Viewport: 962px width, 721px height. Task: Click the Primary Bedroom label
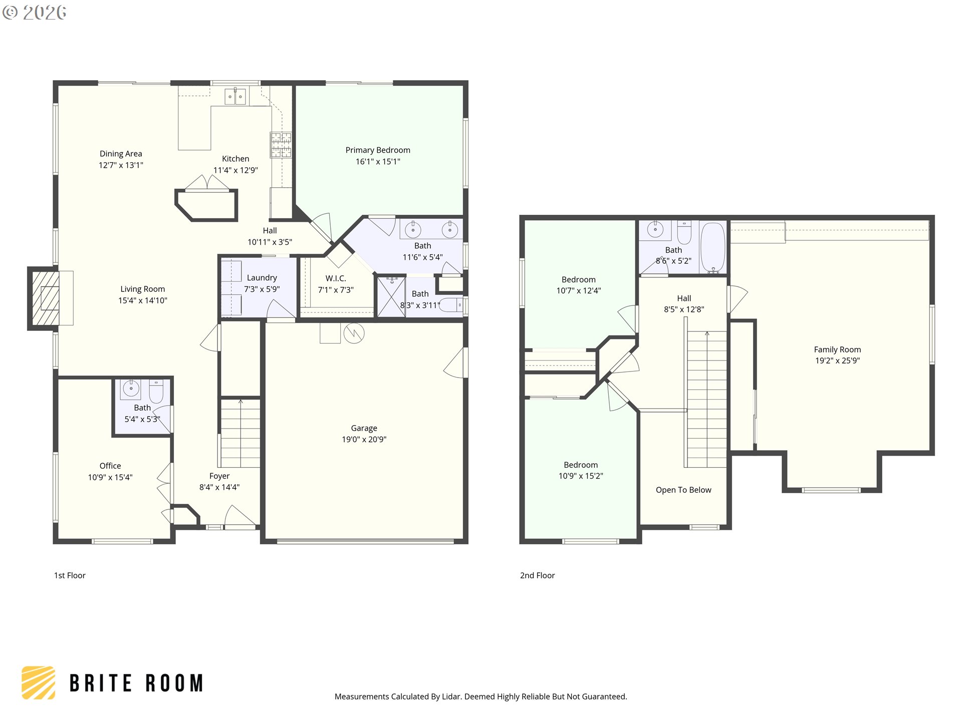tap(377, 150)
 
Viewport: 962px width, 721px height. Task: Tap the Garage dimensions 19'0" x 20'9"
tap(364, 440)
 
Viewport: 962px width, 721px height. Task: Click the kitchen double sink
tap(235, 96)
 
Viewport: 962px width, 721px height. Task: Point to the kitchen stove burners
tap(281, 145)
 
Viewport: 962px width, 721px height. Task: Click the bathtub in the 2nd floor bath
tap(712, 247)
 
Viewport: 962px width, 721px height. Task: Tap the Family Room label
tap(837, 349)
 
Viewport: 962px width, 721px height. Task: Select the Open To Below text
tap(683, 490)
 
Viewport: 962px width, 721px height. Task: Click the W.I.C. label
tap(335, 278)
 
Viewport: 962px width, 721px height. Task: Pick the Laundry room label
tap(262, 277)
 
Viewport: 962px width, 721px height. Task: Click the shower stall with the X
tap(391, 297)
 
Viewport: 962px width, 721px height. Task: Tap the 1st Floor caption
tap(70, 575)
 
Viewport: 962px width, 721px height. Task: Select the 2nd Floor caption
tap(537, 575)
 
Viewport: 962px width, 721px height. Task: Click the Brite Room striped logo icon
tap(39, 682)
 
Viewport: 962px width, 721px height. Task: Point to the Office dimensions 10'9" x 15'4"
tap(110, 477)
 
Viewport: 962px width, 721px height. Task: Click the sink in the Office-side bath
tap(131, 389)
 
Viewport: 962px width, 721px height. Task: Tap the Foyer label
tap(219, 476)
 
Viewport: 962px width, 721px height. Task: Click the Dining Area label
tap(121, 154)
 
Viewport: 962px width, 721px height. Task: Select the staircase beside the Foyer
tap(240, 433)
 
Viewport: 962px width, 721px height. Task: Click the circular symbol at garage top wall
tap(354, 333)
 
